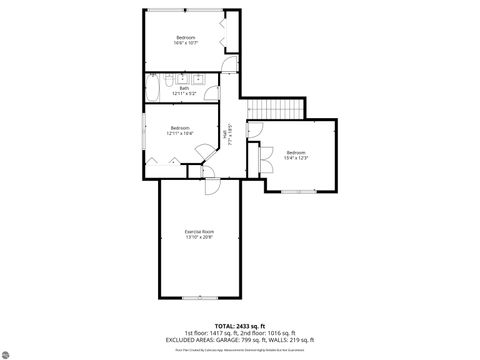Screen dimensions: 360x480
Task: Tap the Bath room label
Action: coord(184,87)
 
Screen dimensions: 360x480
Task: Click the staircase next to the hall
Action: coord(273,109)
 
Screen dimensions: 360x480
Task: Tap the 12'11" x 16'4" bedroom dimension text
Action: coord(180,132)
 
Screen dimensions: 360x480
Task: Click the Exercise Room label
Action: coord(199,231)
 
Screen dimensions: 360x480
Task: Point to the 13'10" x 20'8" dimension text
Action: coord(199,237)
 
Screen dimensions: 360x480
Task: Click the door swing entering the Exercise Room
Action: coord(212,187)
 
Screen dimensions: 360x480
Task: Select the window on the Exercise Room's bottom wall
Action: coord(199,297)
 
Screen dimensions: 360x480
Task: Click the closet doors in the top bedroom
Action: coord(230,38)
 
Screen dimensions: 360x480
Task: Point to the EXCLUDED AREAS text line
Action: coord(239,339)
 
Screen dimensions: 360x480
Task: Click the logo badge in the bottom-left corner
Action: coord(12,351)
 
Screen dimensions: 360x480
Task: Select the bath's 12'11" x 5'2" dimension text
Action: coord(184,93)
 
